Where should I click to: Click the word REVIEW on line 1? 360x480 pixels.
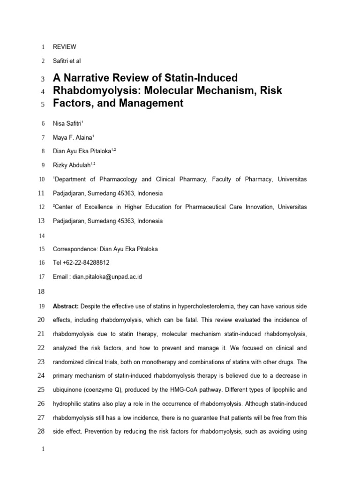[x=64, y=47]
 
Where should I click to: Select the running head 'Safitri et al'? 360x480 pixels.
[x=68, y=61]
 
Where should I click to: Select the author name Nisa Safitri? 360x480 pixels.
[x=68, y=124]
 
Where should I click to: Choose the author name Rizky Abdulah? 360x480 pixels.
[x=74, y=165]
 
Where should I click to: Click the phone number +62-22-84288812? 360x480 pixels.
[x=86, y=262]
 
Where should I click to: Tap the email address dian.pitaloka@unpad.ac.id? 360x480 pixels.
[x=107, y=277]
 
